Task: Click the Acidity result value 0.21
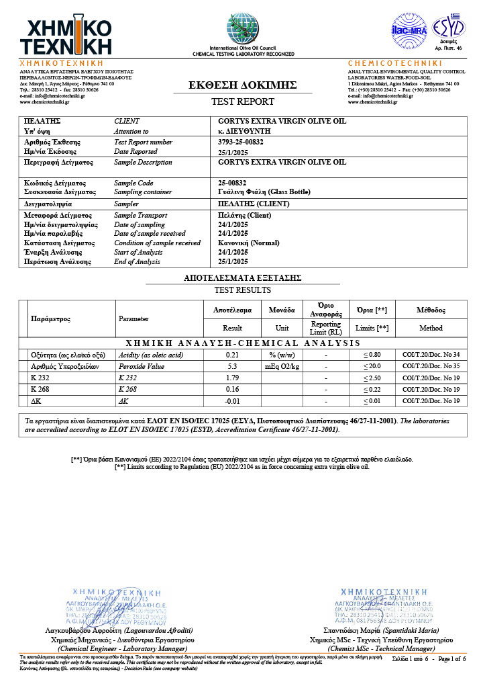point(232,354)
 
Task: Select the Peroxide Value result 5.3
point(232,367)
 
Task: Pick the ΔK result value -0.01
point(232,401)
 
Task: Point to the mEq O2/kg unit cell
point(282,367)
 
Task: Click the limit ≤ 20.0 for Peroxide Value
point(372,367)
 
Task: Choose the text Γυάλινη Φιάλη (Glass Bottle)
point(264,191)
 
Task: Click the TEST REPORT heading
point(243,101)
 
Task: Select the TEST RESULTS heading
point(242,290)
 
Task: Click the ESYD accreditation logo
point(449,29)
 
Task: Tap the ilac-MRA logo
point(409,30)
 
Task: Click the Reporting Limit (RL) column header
point(326,328)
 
